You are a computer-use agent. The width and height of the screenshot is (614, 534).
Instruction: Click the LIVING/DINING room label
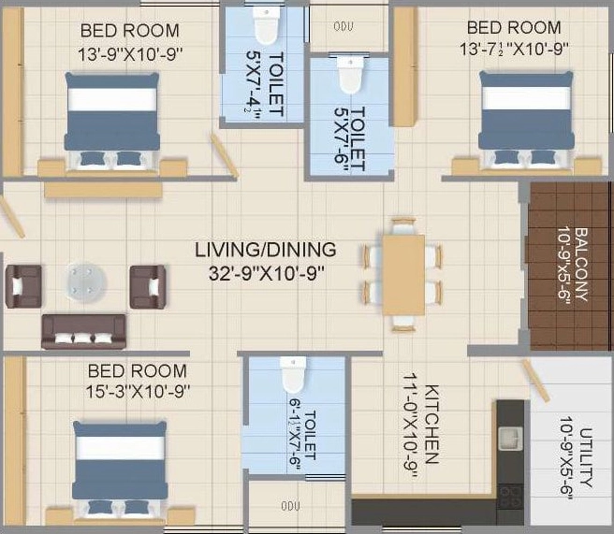tap(266, 250)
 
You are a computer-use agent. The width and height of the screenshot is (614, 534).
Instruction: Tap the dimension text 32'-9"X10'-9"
tap(267, 273)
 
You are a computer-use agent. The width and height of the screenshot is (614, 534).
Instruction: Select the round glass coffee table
tap(86, 282)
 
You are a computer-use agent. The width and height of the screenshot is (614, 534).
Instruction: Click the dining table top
tap(403, 275)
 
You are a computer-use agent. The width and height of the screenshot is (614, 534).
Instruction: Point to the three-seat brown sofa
tap(84, 331)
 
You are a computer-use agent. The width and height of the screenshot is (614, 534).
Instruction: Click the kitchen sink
tap(510, 439)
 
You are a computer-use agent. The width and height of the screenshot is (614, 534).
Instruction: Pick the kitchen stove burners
tap(511, 497)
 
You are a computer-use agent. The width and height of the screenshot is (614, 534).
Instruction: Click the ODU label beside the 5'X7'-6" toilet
tap(344, 26)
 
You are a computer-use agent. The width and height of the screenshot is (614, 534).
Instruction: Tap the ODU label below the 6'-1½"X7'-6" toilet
tap(290, 506)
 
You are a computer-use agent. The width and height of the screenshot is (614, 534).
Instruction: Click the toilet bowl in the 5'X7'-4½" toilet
tap(266, 25)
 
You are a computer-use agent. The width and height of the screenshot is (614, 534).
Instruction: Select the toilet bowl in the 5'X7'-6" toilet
tap(351, 76)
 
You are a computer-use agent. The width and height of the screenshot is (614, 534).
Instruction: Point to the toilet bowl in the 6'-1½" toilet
tap(293, 375)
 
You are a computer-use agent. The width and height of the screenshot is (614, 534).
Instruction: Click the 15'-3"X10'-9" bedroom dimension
tap(138, 391)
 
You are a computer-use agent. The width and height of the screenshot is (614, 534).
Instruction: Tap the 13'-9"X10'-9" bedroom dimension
tap(130, 54)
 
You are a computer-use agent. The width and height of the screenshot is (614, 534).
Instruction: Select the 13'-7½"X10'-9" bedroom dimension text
tap(514, 50)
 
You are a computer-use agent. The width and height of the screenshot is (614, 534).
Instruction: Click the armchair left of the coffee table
tap(23, 286)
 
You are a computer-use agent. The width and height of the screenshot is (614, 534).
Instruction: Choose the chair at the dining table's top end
tap(403, 226)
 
